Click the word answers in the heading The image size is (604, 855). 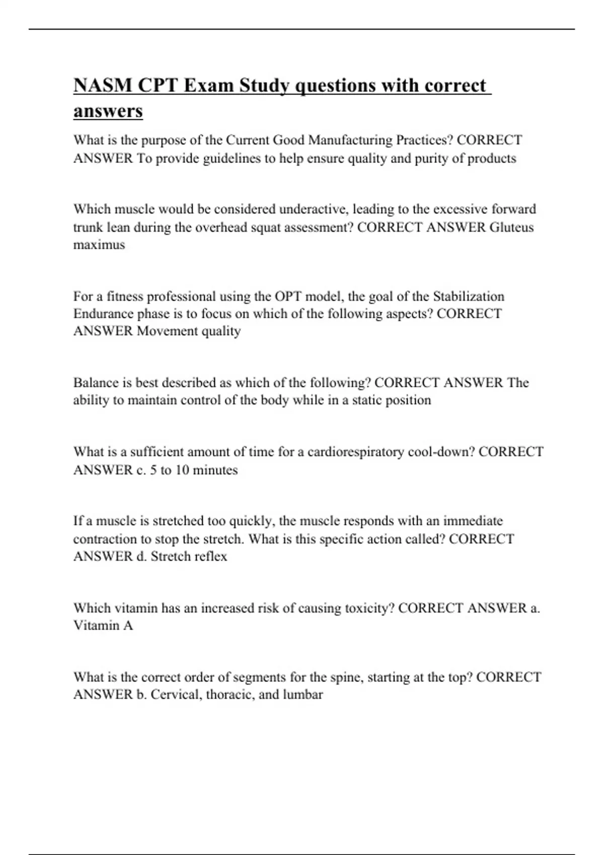108,111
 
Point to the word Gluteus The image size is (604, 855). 511,227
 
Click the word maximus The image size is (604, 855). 99,245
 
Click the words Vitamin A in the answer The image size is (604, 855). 103,626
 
